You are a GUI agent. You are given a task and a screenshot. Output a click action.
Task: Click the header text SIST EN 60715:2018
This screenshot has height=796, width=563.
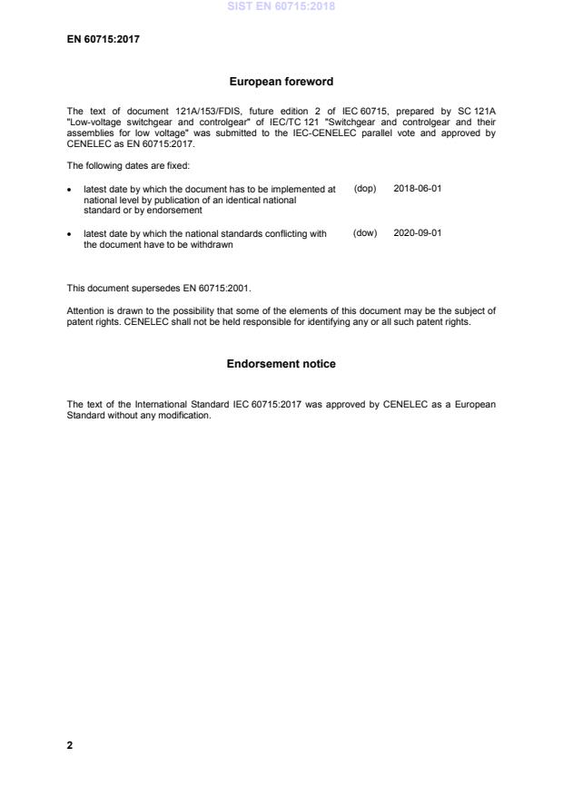(x=281, y=6)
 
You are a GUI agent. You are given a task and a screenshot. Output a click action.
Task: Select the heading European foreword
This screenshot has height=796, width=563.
(x=281, y=82)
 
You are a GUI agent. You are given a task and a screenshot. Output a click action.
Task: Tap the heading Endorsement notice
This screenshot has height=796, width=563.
(x=281, y=364)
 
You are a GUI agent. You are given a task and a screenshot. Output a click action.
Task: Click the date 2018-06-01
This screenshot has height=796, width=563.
(x=418, y=188)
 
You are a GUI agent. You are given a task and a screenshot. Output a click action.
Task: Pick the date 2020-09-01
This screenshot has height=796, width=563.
(x=418, y=233)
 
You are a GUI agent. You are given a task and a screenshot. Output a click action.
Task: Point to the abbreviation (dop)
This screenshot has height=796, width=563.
(x=365, y=188)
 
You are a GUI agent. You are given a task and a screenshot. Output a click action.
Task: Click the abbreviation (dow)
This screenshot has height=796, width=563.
(x=365, y=233)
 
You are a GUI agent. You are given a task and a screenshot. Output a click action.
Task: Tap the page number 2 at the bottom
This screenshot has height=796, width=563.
(x=70, y=745)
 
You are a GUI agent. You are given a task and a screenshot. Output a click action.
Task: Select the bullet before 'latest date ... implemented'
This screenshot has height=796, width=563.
(x=71, y=189)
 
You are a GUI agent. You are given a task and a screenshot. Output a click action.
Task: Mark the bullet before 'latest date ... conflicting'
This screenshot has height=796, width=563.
(x=71, y=234)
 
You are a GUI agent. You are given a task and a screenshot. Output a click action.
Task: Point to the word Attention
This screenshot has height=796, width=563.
(x=84, y=310)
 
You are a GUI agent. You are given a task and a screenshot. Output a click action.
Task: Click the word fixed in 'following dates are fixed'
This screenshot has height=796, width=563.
(x=176, y=166)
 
